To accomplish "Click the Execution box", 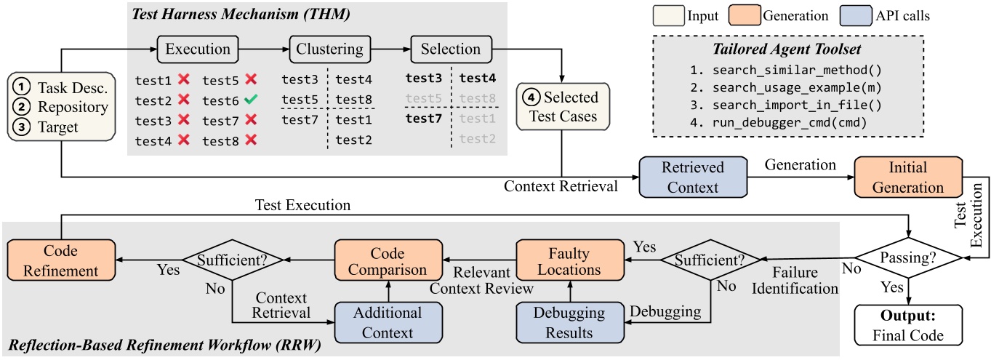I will [198, 49].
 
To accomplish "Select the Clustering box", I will [329, 49].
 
